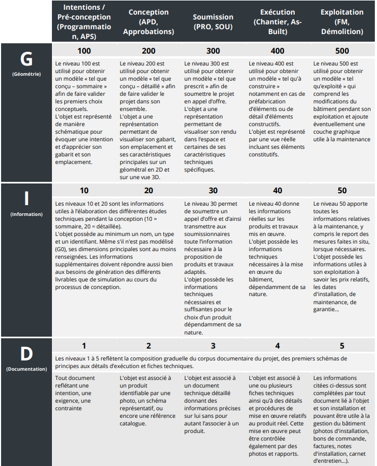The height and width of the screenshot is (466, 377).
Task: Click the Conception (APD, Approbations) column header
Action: pos(148,22)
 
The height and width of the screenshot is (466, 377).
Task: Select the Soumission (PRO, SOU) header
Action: pos(213,22)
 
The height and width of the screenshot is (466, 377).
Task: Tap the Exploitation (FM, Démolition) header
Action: pos(342,22)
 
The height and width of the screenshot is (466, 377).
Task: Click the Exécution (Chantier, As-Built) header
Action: pos(277,22)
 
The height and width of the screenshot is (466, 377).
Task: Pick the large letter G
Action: pos(26,59)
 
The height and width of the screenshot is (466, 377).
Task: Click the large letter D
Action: pos(26,354)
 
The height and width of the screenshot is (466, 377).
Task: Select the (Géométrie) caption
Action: pos(26,74)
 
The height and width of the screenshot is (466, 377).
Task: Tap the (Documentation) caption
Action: pos(26,369)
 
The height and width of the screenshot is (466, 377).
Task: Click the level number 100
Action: pos(84,51)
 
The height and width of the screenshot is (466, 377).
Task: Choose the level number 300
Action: pos(213,51)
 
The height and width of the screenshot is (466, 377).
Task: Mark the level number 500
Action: pos(342,51)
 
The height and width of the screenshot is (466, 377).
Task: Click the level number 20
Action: pos(148,191)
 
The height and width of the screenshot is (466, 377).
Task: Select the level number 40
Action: pos(277,191)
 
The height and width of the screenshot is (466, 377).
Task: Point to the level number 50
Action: pos(342,191)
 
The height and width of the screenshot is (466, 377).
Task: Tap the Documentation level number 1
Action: pos(84,346)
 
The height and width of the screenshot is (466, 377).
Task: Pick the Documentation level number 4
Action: pos(277,346)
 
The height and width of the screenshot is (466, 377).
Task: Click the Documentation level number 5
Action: pos(342,346)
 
